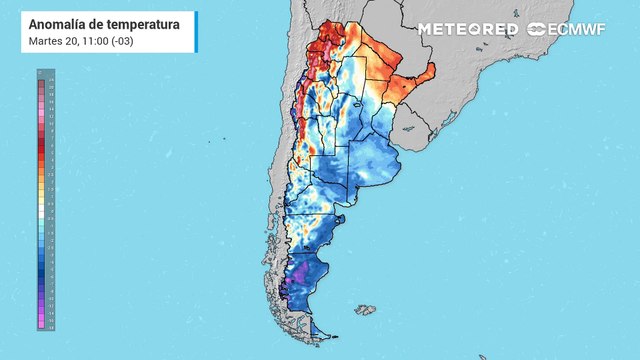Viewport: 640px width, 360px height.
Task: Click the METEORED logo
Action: point(467,29)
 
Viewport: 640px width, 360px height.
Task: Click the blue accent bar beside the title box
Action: point(17,31)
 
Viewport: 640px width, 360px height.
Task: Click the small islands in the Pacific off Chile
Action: point(210,139)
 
